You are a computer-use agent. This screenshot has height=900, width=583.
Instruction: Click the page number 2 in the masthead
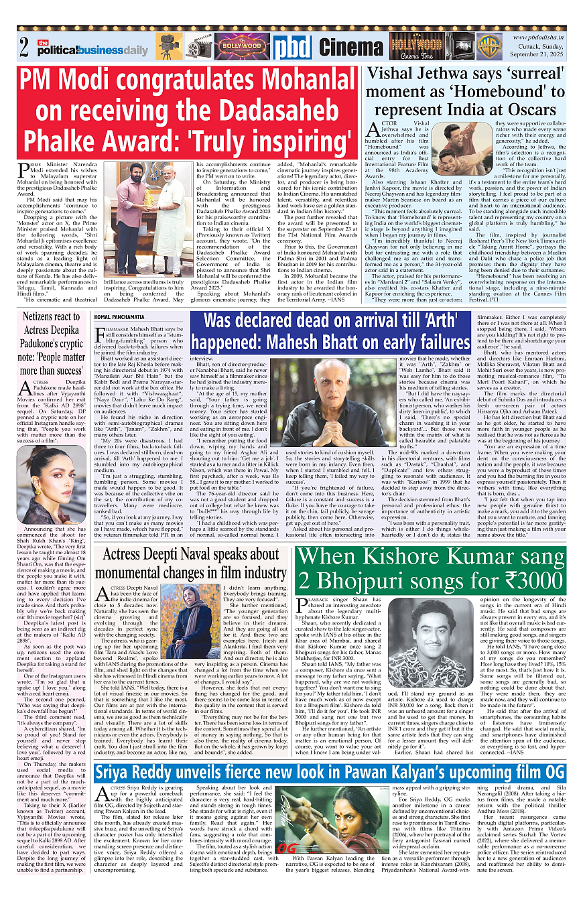[x=24, y=48]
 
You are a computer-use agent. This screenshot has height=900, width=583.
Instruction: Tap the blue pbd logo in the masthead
[x=292, y=46]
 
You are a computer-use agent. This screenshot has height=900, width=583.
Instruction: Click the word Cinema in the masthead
[x=351, y=47]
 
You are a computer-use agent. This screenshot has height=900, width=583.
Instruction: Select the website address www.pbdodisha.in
[x=539, y=37]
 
